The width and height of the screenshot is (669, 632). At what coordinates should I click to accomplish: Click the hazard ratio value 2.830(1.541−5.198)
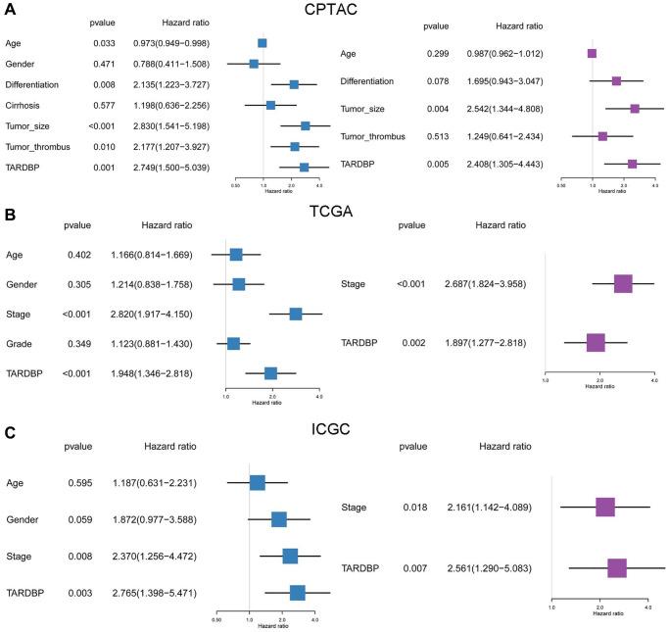pyautogui.click(x=172, y=125)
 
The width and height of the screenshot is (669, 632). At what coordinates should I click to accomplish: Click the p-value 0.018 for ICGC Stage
pyautogui.click(x=412, y=507)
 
